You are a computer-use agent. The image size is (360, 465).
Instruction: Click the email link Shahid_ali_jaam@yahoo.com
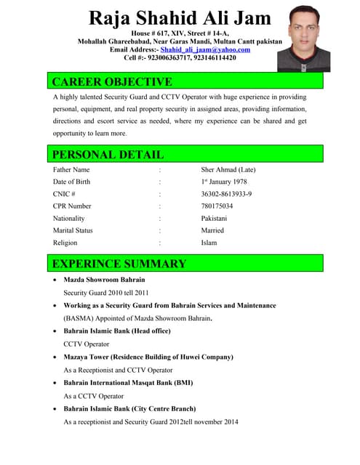pos(207,49)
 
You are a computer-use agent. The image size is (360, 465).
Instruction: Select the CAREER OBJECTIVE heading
pos(112,81)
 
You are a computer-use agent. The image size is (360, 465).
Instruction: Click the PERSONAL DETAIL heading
pos(108,154)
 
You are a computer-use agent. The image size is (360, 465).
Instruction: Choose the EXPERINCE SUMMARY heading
pos(119,263)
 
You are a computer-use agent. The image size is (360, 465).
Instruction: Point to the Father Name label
pos(71,170)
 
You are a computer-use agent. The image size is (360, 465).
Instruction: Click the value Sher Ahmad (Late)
pos(228,170)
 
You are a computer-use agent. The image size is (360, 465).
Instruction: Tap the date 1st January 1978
pos(224,182)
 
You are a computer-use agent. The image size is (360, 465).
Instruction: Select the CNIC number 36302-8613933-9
pos(227,194)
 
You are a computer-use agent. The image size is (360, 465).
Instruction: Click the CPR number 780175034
pos(217,206)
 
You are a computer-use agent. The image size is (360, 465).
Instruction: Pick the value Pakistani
pos(214,218)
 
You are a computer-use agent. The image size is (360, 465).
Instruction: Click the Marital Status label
pos(73,230)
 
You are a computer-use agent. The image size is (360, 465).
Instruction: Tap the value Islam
pos(209,243)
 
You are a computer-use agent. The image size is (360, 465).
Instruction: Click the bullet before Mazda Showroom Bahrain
pos(56,280)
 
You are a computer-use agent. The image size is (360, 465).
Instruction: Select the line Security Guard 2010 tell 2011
pos(105,293)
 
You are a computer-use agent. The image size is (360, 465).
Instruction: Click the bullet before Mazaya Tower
pos(56,357)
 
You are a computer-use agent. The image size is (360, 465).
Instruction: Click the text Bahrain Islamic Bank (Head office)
pos(117,331)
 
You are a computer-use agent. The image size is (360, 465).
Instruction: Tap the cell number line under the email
pos(180,57)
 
